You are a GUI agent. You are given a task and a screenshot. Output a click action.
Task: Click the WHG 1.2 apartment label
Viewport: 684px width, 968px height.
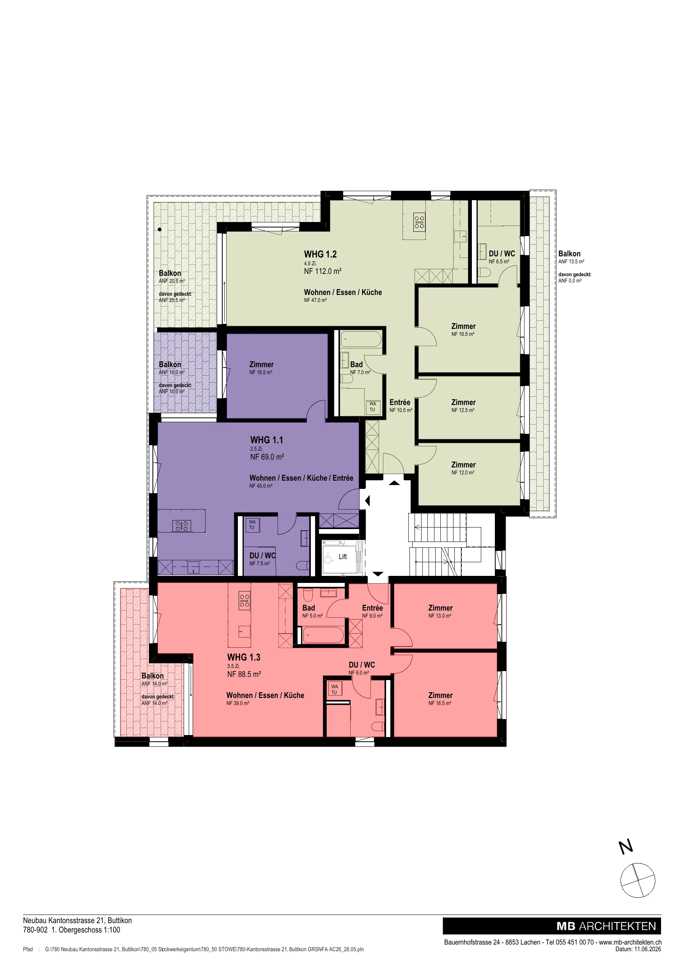pos(320,254)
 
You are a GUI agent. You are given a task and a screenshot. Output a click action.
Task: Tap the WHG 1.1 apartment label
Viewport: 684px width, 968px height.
pos(266,440)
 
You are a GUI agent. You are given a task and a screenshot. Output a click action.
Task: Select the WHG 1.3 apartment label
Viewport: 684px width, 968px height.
pos(244,657)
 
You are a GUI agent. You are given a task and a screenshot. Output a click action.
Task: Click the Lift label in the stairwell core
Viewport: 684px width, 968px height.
pos(343,556)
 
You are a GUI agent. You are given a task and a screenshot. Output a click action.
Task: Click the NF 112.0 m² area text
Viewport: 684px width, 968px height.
pos(323,271)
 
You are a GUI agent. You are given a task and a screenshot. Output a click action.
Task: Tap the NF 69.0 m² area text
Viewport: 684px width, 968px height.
pos(267,456)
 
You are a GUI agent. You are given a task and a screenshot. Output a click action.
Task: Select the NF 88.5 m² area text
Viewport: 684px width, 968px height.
pos(244,674)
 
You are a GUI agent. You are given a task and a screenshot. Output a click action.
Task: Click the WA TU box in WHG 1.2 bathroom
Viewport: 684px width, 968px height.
pos(372,407)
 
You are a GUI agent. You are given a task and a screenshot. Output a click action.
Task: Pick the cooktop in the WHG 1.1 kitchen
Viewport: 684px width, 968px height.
pos(182,526)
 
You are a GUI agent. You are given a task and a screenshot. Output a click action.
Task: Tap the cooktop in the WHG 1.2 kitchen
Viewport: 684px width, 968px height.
pos(419,222)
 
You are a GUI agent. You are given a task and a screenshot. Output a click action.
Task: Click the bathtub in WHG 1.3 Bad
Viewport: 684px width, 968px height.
pos(324,635)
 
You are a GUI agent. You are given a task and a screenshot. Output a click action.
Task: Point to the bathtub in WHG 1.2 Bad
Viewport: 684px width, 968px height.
pos(361,339)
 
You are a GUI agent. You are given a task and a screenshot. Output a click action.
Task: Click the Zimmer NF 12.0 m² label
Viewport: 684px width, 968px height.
pos(463,468)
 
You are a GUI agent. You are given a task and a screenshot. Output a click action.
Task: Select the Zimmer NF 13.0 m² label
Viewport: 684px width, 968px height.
pos(440,611)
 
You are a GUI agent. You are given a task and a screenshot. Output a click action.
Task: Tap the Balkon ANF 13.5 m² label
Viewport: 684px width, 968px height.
pos(571,257)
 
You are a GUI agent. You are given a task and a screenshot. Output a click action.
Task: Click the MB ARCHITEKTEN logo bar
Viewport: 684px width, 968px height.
pos(552,926)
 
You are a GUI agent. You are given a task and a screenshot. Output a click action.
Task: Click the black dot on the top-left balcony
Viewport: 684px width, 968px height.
pos(160,230)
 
